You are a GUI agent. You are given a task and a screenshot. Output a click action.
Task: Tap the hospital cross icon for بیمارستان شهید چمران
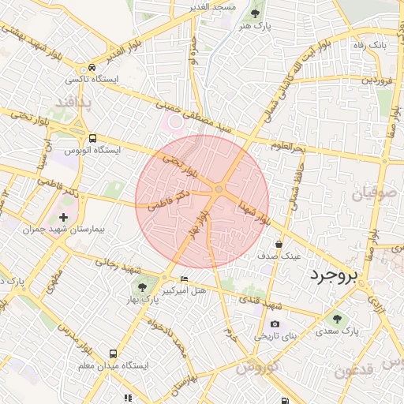[63, 216]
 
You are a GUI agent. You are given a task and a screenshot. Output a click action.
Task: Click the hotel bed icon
[184, 279]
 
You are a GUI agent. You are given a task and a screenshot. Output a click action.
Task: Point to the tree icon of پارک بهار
[141, 288]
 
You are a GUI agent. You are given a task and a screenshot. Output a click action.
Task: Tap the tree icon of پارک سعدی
[338, 319]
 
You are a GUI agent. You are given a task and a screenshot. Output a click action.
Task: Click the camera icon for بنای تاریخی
[275, 324]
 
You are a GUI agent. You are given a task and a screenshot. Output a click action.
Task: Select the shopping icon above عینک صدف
[279, 245]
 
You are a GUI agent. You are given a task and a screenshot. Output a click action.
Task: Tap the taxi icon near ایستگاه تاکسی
[93, 68]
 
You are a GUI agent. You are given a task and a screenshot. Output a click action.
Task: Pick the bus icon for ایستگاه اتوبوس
[93, 137]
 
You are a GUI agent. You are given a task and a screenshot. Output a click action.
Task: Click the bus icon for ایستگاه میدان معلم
[114, 354]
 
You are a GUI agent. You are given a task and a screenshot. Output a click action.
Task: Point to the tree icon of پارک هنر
[254, 13]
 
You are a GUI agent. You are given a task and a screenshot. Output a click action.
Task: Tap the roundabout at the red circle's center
[219, 189]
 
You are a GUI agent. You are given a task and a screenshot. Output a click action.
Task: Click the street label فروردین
[376, 80]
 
